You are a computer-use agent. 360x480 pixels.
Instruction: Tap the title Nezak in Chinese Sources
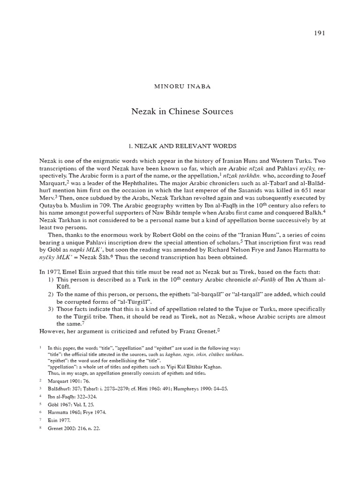point(181,112)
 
